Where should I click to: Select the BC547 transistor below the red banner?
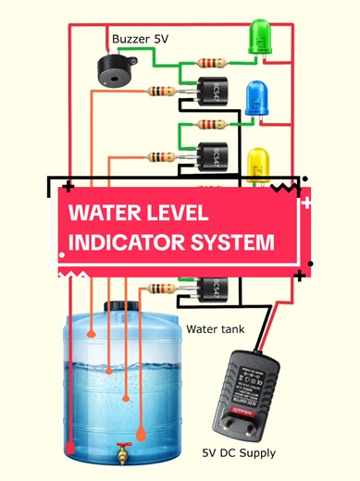211,289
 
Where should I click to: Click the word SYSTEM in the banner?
242,243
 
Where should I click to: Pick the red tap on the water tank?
120,454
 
